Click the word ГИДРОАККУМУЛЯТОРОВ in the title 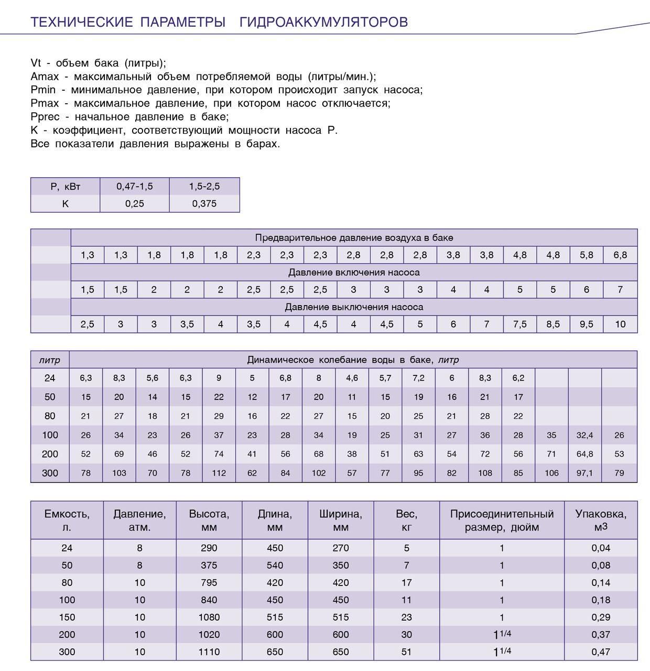(x=323, y=22)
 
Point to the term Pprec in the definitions (x=45, y=117)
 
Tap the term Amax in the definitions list (x=45, y=77)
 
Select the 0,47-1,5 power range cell (x=135, y=187)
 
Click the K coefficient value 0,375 (x=204, y=204)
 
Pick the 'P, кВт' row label (x=66, y=187)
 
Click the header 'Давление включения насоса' (x=354, y=273)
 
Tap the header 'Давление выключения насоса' (x=354, y=307)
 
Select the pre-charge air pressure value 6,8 (x=620, y=255)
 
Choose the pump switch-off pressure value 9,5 (x=587, y=324)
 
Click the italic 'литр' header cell (x=50, y=360)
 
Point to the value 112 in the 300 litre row (x=219, y=473)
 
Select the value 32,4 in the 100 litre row (x=585, y=435)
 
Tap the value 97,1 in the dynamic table (x=585, y=473)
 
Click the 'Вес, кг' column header (x=407, y=521)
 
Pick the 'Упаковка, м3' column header (x=601, y=521)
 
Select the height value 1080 (x=209, y=618)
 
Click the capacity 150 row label (x=67, y=618)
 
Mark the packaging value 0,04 (x=601, y=548)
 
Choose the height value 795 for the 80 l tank (x=209, y=583)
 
